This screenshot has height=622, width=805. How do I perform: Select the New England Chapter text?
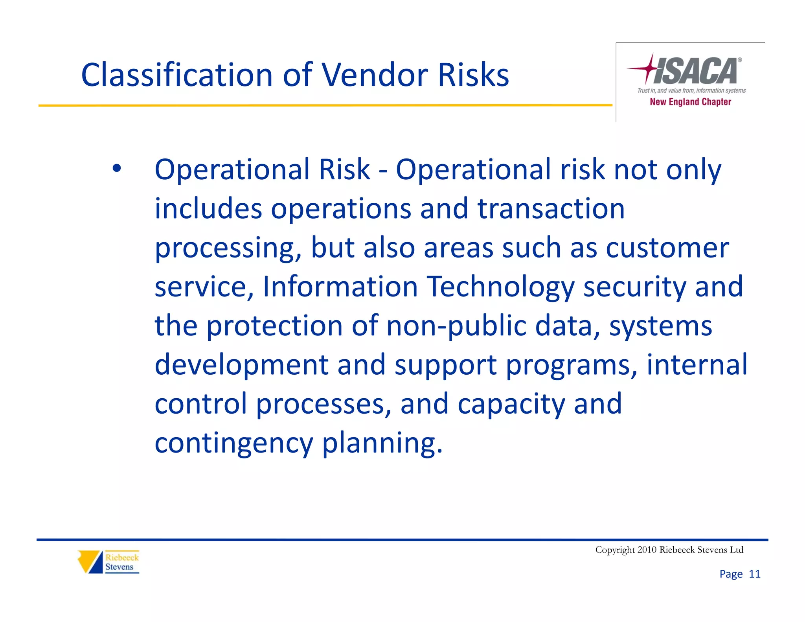coord(690,102)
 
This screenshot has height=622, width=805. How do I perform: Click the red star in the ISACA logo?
coord(649,68)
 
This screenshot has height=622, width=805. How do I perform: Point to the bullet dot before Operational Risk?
coord(117,169)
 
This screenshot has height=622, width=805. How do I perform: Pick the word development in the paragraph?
coord(241,364)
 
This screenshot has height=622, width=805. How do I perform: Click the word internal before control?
coord(697,364)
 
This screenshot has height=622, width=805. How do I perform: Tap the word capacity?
coord(511,404)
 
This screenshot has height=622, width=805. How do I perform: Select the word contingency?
coord(233,443)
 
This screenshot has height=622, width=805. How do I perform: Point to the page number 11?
coord(754,574)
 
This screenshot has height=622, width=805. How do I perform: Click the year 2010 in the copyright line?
coord(647,550)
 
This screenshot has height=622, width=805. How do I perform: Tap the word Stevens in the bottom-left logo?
coord(119,567)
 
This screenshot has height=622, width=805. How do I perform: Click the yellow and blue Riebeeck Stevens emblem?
coord(90,561)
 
